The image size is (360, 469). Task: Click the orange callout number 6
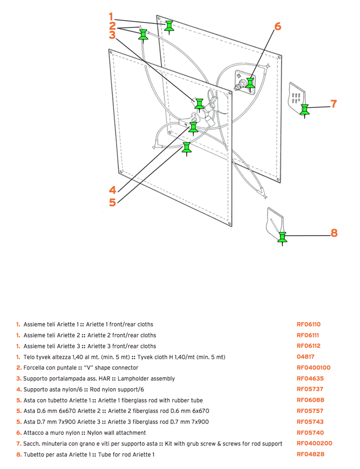tap(277, 26)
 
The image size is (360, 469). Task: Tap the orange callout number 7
tap(334, 104)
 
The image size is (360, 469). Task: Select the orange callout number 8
tap(334, 232)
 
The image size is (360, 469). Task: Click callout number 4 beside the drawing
tap(112, 190)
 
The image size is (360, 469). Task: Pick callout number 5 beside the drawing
tap(112, 202)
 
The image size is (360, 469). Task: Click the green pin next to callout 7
tap(304, 109)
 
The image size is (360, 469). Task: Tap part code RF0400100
tap(313, 368)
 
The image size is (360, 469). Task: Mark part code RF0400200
tap(314, 443)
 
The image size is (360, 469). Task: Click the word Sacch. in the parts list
tap(32, 443)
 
